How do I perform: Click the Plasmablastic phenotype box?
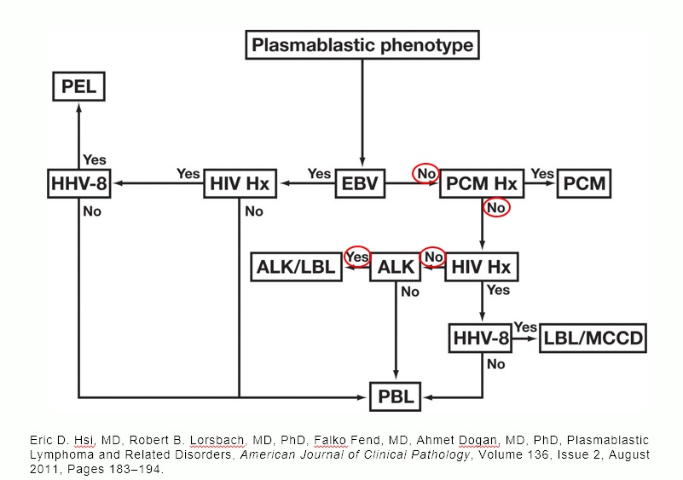click(x=362, y=44)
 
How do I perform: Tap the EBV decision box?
click(x=362, y=184)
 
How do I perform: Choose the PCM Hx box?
click(x=481, y=184)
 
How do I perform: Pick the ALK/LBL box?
click(x=296, y=268)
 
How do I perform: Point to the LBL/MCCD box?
click(x=593, y=339)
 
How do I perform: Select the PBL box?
click(x=396, y=397)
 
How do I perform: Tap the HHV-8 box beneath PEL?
click(x=78, y=184)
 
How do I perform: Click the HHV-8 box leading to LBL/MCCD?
click(x=481, y=339)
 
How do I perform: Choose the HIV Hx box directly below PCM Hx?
click(x=483, y=268)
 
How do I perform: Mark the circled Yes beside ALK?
click(x=357, y=257)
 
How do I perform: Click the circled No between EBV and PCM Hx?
click(x=425, y=173)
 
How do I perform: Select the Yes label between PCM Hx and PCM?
click(x=542, y=173)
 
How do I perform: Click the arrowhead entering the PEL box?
click(x=78, y=106)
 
